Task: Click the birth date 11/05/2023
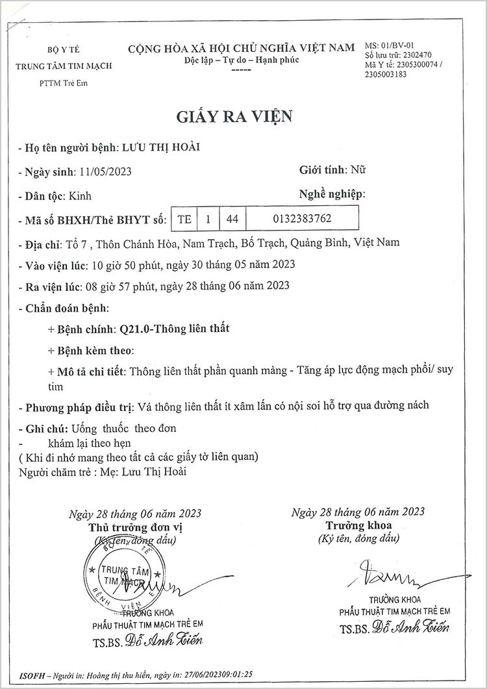(105, 172)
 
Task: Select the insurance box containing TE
(184, 219)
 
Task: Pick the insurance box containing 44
(232, 219)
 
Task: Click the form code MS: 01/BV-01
(390, 46)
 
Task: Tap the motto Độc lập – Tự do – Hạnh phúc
(241, 59)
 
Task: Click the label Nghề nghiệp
(331, 194)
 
